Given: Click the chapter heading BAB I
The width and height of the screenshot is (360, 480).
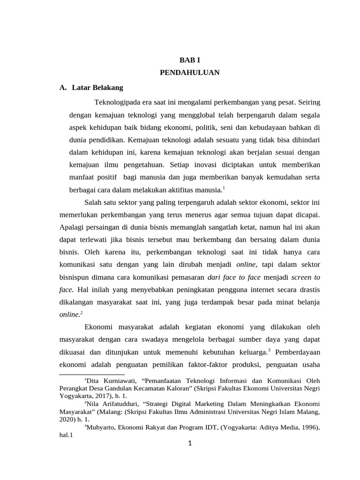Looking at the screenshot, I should click(x=190, y=60).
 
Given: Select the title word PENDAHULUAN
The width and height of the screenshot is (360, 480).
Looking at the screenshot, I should click(x=190, y=73).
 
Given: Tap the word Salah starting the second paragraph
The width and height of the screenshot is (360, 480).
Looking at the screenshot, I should click(x=93, y=202).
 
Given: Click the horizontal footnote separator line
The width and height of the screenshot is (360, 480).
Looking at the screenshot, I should click(x=92, y=375).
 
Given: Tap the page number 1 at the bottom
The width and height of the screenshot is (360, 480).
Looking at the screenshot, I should click(x=190, y=444).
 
